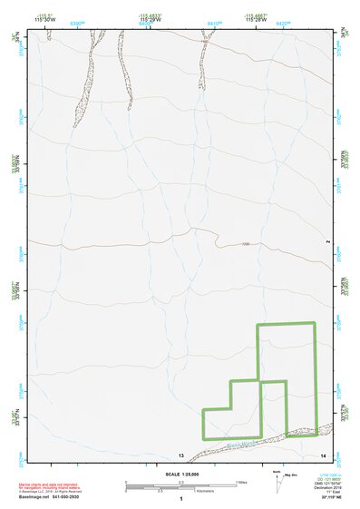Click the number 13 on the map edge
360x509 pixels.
180,454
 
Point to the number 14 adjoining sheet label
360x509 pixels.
324,454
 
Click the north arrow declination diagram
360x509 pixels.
278,483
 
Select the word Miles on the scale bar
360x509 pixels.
241,482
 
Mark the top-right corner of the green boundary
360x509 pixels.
314,323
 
